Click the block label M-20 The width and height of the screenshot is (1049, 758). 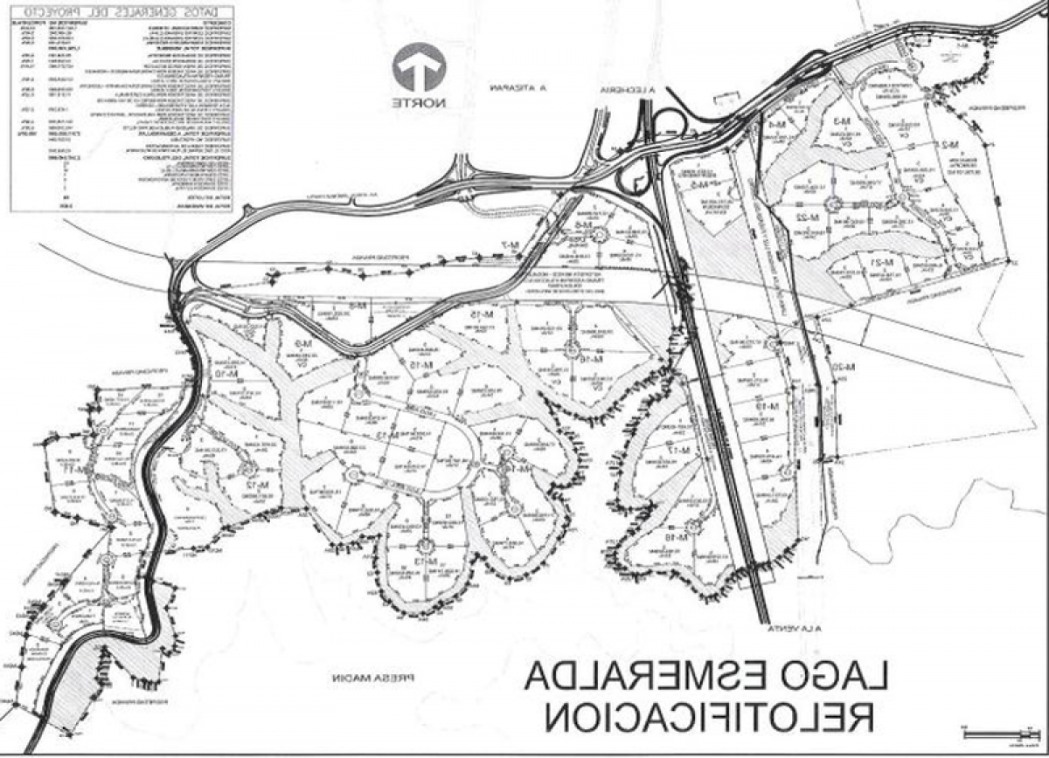(841, 368)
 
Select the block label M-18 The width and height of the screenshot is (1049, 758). (677, 538)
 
